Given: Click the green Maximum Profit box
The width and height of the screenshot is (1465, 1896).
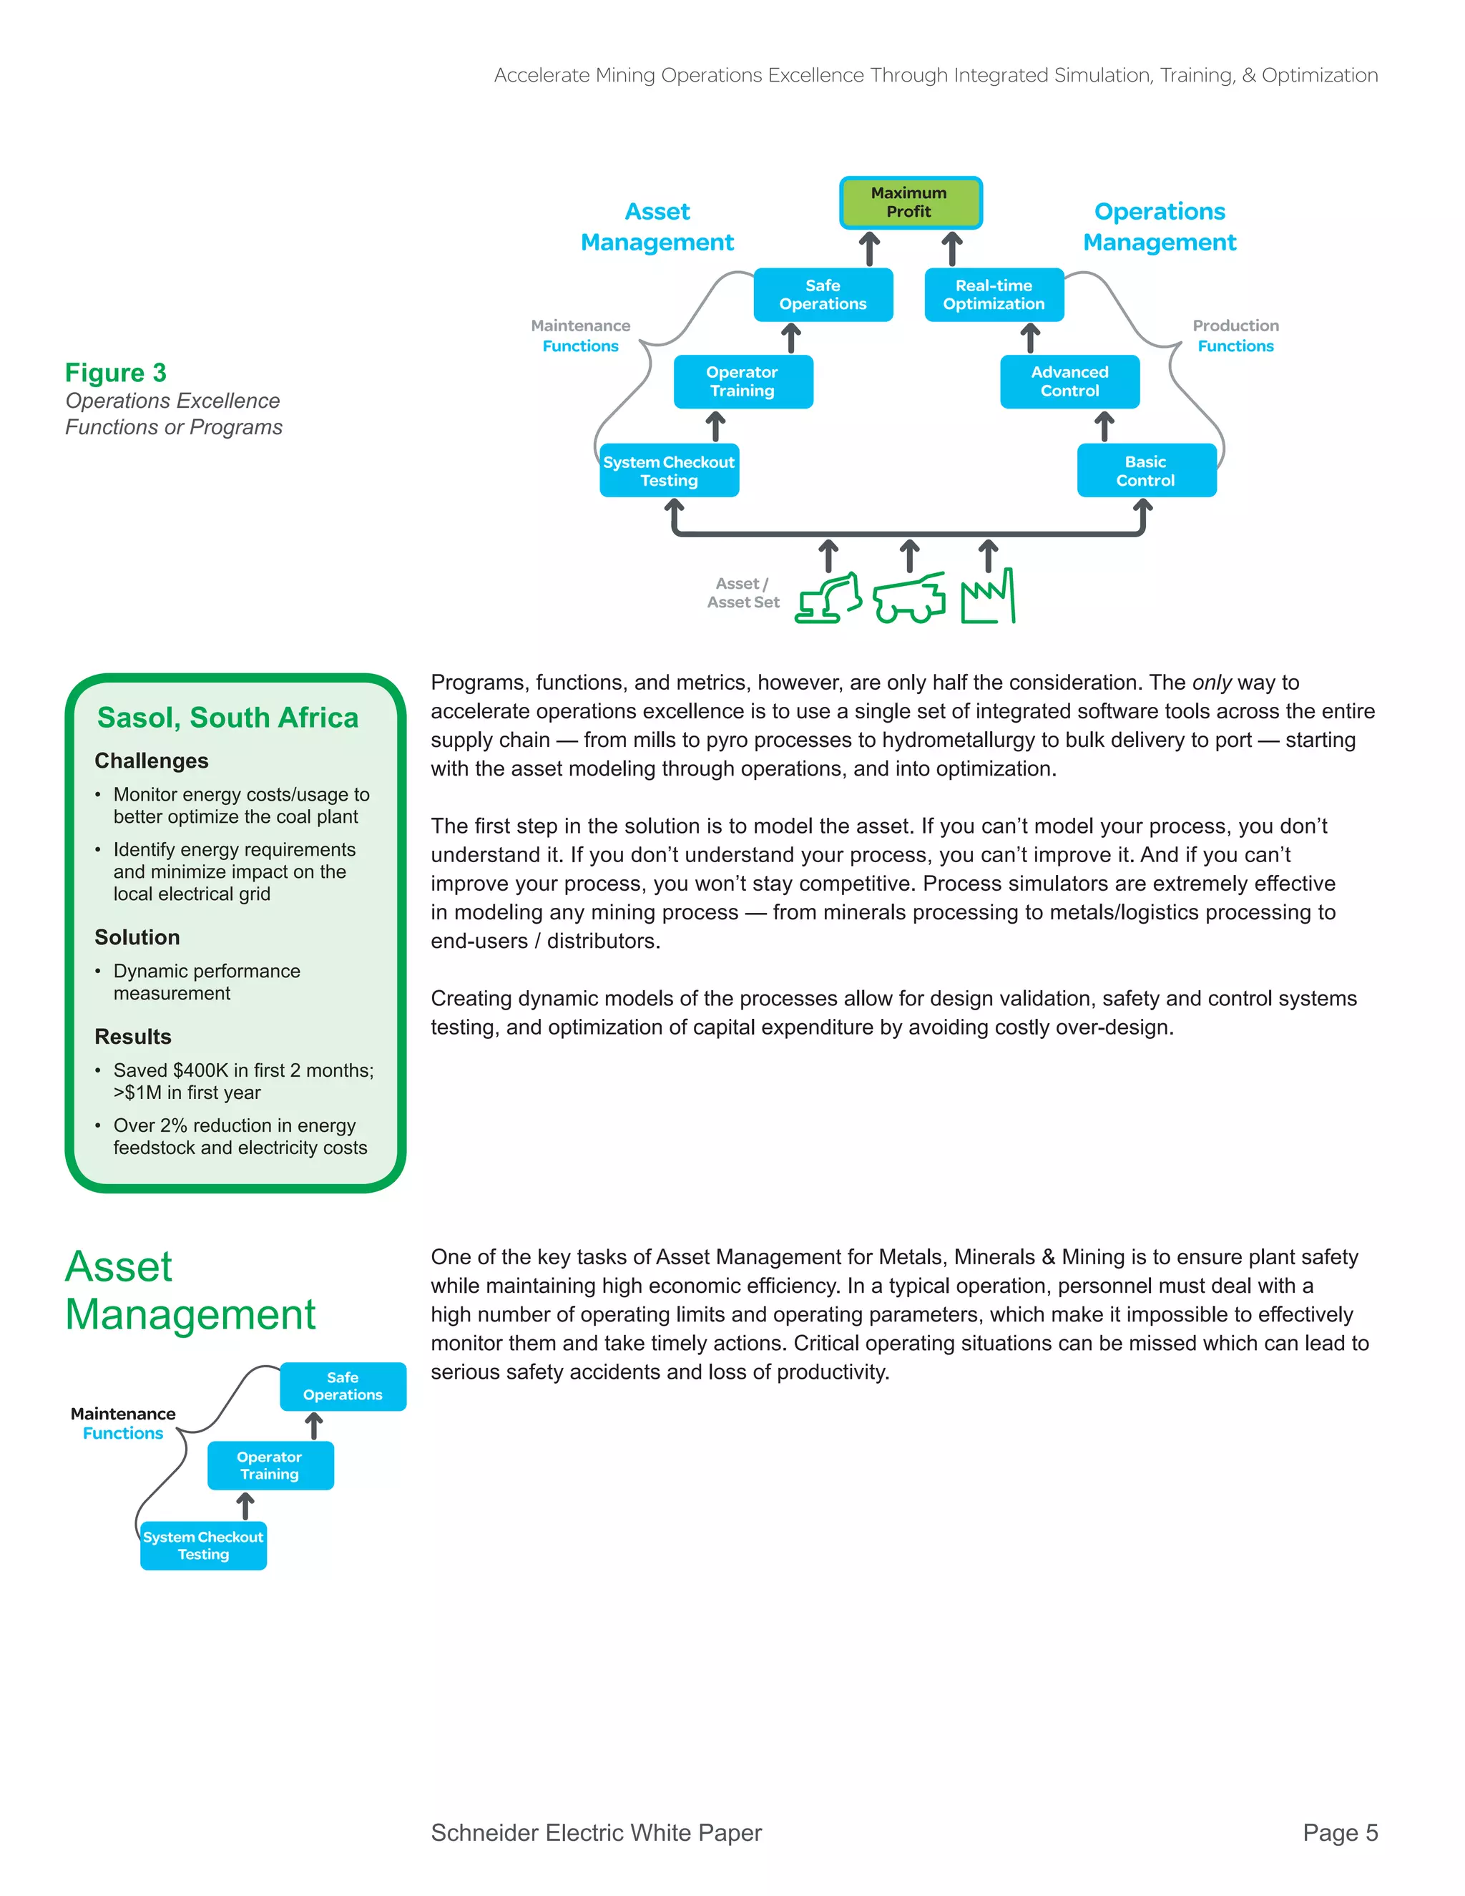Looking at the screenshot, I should tap(910, 202).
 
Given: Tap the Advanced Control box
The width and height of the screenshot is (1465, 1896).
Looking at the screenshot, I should tap(1069, 382).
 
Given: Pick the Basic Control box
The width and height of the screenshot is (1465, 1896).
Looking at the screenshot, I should tap(1146, 471).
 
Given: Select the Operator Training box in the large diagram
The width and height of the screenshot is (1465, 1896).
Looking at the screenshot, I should tap(743, 382).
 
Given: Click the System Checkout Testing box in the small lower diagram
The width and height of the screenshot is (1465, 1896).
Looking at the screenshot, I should tap(203, 1545).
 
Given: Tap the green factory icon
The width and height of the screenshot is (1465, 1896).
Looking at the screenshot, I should tap(988, 597).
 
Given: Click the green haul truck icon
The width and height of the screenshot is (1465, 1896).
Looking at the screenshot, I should tap(908, 598).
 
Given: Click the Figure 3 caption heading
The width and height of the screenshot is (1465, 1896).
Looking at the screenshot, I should tap(115, 373).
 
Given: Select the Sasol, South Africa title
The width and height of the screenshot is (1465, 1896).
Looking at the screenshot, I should tap(227, 717).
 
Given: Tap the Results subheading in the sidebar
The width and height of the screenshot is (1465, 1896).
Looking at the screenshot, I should tap(133, 1037).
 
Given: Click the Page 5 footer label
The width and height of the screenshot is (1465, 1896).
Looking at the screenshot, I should tap(1339, 1832).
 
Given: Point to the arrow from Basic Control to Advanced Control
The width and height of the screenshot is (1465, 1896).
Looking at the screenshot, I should tap(1104, 426).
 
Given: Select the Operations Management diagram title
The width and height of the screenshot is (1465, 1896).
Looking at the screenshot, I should tap(1159, 227).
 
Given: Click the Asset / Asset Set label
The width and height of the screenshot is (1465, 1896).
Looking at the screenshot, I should tap(743, 593).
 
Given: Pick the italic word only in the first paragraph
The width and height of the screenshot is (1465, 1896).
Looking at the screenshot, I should tap(1212, 683).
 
